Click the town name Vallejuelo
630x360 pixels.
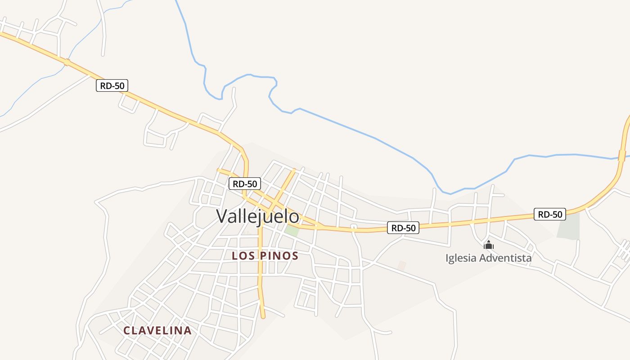click(x=257, y=216)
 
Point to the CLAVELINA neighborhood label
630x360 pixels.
click(x=157, y=330)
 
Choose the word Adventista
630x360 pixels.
click(x=505, y=258)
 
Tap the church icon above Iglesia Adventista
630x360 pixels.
click(x=489, y=245)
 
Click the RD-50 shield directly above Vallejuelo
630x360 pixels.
click(x=245, y=184)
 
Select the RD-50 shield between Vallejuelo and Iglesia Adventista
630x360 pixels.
click(x=403, y=228)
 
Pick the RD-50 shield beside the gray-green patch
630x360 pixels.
click(x=550, y=214)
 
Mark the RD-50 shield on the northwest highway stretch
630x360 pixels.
click(x=112, y=85)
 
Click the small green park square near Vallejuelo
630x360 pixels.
click(x=292, y=230)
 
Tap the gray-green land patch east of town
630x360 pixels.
click(x=568, y=226)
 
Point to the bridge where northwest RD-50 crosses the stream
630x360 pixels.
click(x=67, y=63)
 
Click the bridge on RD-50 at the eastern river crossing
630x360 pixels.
click(x=622, y=156)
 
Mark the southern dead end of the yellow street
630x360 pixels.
click(x=263, y=316)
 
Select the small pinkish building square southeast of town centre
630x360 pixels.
click(x=402, y=266)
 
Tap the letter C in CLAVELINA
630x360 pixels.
click(x=127, y=331)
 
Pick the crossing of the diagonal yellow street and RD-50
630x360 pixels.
click(x=270, y=208)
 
